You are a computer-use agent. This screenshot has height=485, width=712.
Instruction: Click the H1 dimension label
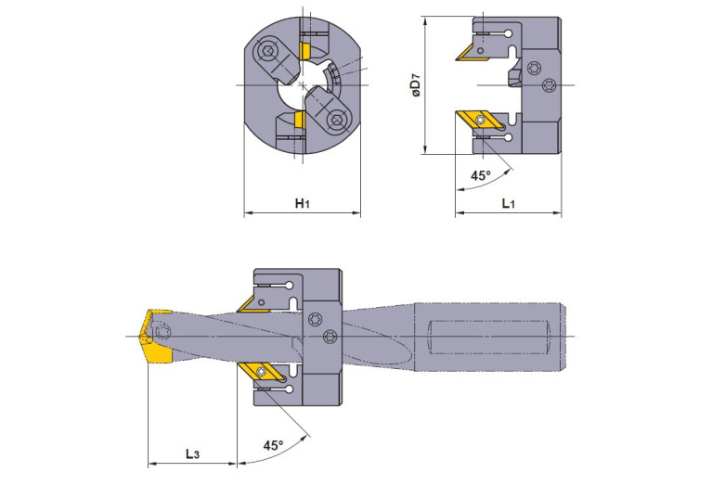pos(302,202)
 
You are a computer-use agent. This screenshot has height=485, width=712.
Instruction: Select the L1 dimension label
pos(509,202)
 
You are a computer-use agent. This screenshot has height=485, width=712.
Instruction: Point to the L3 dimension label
pos(191,453)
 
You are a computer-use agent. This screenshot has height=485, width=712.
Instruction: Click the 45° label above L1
pos(480,175)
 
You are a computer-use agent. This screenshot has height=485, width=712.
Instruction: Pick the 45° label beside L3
pos(272,445)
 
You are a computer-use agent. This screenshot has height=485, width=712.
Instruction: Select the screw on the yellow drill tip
pos(165,333)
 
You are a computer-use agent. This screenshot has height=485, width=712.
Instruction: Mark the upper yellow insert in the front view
pos(303,48)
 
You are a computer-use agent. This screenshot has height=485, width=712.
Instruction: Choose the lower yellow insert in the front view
pos(300,120)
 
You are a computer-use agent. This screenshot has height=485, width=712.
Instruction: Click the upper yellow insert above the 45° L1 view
pos(472,52)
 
